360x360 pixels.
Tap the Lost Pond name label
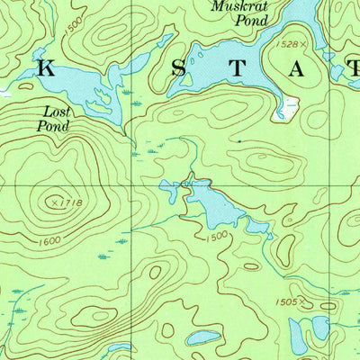point(53,120)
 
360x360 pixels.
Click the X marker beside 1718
point(56,203)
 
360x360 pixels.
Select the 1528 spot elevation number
point(285,43)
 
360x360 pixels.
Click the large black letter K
point(47,68)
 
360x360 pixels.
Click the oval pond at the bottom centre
point(204,337)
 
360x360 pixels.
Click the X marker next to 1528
point(304,44)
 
